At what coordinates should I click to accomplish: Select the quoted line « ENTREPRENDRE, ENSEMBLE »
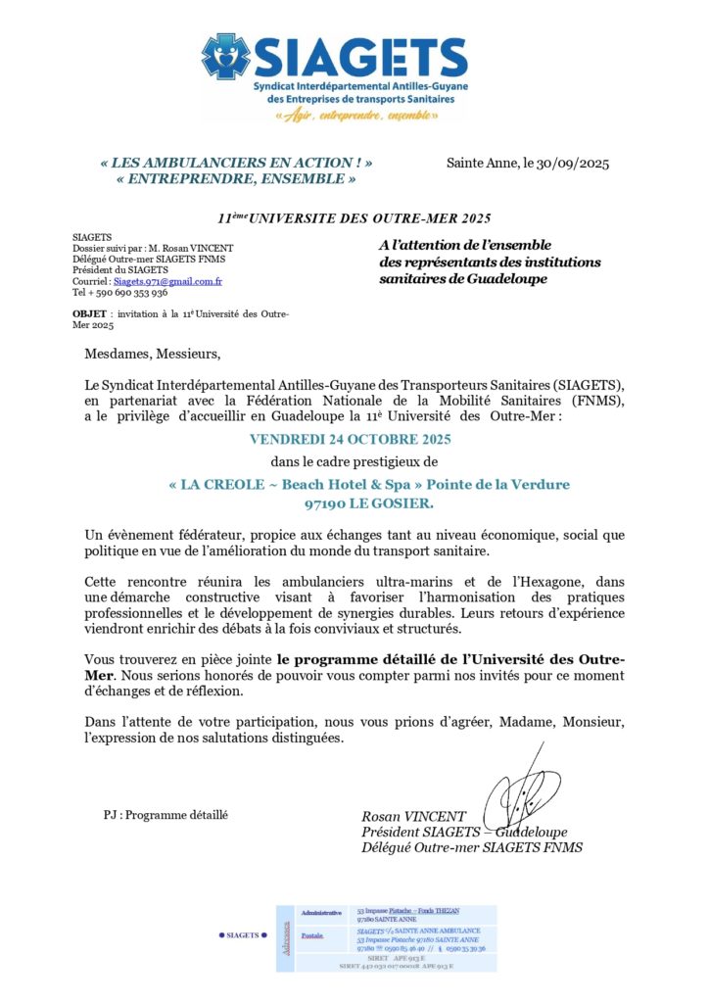coord(235,179)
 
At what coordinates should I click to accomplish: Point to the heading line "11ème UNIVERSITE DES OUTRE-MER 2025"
coord(354,218)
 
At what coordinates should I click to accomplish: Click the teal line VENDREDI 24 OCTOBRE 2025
coord(350,439)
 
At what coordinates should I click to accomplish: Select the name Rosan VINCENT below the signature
coord(414,817)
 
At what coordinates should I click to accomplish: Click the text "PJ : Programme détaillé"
coord(165,815)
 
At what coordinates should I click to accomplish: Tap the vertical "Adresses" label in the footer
coord(285,937)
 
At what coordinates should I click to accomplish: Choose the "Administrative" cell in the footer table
coord(321,913)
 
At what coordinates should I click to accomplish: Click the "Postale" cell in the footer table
coord(312,936)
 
